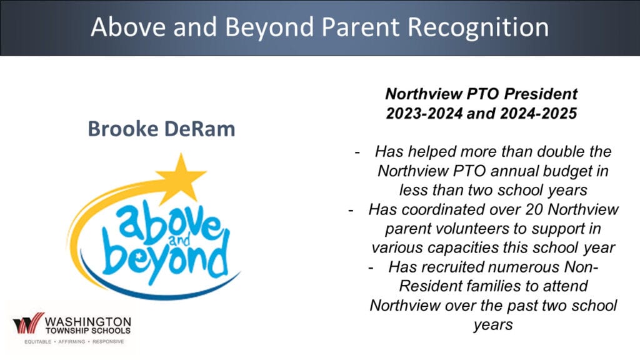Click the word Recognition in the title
(x=478, y=27)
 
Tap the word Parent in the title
(x=360, y=27)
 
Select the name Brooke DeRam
(x=162, y=129)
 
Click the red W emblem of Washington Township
(x=28, y=323)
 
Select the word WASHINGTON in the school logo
(x=88, y=322)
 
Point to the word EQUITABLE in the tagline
(x=37, y=342)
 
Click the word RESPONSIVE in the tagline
(x=108, y=342)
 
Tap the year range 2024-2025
(x=538, y=113)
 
